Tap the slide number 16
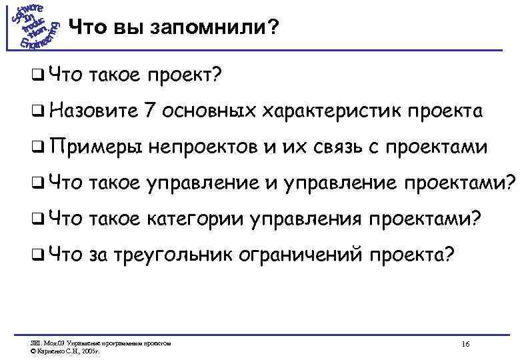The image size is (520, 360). pyautogui.click(x=465, y=344)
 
